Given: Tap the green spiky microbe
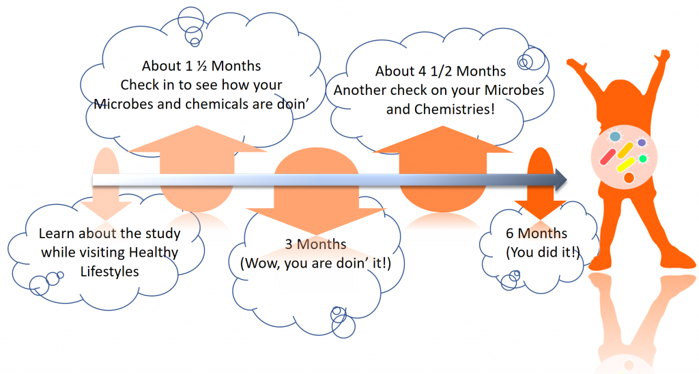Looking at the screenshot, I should click(x=642, y=159).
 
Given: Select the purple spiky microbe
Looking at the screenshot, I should click(x=642, y=143).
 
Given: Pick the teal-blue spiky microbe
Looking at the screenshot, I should click(x=615, y=137).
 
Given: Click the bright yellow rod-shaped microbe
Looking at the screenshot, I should click(x=626, y=164).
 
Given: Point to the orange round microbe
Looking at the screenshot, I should click(x=629, y=177).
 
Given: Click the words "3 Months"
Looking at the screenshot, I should click(x=315, y=244).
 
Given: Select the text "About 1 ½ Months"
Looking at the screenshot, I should click(x=201, y=66).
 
